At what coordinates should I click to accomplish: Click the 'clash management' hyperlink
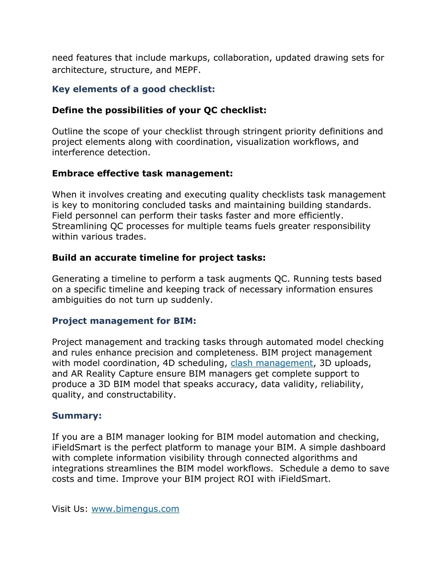[x=272, y=363]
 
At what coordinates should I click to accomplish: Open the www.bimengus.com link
[x=135, y=509]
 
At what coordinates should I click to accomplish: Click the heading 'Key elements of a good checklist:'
[x=133, y=89]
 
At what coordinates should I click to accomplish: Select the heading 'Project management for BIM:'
[x=124, y=321]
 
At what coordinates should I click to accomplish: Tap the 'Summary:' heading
[x=77, y=416]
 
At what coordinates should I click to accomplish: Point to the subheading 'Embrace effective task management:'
[x=142, y=174]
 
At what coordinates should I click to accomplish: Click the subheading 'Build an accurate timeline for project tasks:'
[x=159, y=258]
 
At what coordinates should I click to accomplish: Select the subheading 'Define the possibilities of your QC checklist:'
[x=159, y=111]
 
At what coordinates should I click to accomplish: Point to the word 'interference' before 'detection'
[x=76, y=152]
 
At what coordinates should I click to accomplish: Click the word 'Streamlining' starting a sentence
[x=79, y=226]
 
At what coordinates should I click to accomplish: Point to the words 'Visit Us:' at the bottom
[x=70, y=509]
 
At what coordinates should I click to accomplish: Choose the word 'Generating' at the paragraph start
[x=76, y=279]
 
